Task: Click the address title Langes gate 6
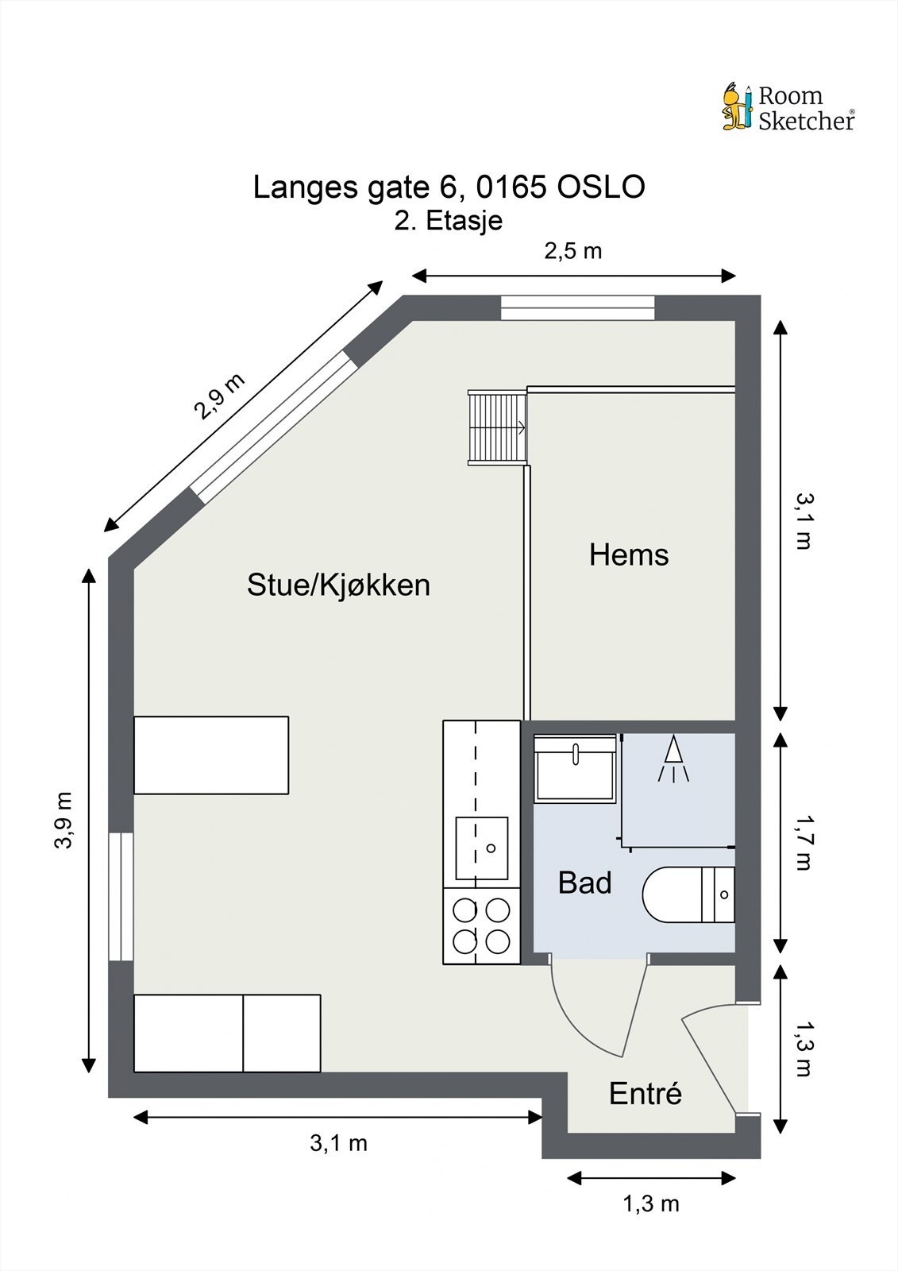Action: [449, 187]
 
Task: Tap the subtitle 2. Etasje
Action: [449, 220]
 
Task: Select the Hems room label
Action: [628, 554]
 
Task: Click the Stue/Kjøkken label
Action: [338, 585]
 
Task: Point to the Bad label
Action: [584, 883]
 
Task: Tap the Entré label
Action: [645, 1094]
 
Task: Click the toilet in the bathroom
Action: [688, 894]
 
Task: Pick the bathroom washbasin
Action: [575, 768]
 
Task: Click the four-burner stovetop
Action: [481, 925]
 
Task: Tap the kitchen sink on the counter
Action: [481, 848]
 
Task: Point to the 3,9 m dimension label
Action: [64, 820]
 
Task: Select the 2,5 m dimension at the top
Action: [572, 251]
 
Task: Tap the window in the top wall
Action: [577, 307]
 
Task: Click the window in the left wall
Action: [121, 896]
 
